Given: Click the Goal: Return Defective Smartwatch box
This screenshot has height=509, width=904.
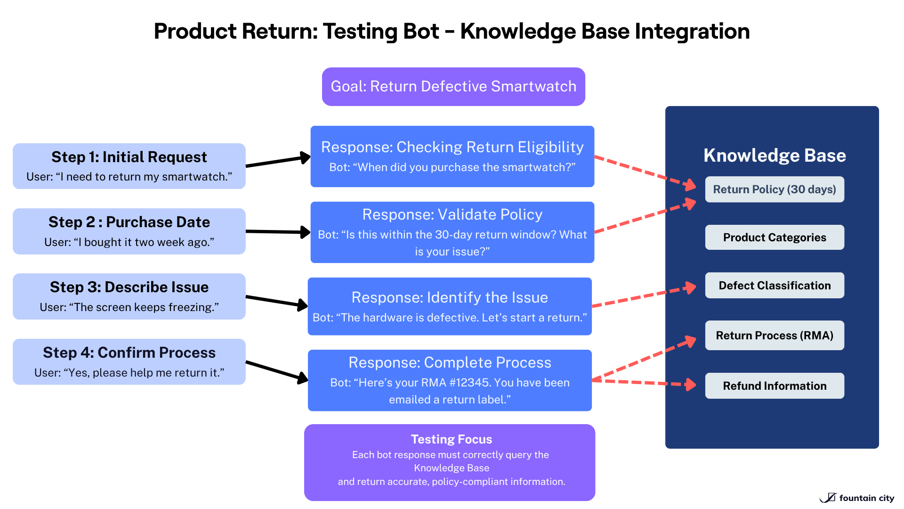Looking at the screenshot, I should click(x=453, y=87).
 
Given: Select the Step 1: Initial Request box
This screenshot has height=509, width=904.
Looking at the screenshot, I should click(x=129, y=166).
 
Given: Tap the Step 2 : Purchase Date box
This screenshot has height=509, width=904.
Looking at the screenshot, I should click(x=129, y=231).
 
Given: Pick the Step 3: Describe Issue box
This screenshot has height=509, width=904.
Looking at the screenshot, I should click(x=129, y=296).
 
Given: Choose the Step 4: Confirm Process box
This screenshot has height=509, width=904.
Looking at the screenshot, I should click(x=129, y=362).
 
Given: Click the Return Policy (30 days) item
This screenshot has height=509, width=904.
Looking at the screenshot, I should click(x=775, y=189).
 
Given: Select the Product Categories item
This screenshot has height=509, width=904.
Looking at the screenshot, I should click(x=775, y=238).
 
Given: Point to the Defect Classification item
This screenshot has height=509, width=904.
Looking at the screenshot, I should click(x=775, y=286).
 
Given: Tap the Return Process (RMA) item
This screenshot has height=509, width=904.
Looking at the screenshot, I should click(x=775, y=336).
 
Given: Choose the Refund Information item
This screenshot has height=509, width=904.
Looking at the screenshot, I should click(x=775, y=386).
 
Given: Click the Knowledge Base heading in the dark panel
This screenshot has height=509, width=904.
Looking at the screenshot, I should click(x=775, y=156).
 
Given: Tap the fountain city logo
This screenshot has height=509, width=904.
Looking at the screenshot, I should click(x=857, y=498).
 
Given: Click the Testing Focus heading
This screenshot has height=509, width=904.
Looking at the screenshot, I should click(x=451, y=439).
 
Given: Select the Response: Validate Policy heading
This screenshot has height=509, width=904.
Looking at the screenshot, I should click(x=452, y=215).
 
